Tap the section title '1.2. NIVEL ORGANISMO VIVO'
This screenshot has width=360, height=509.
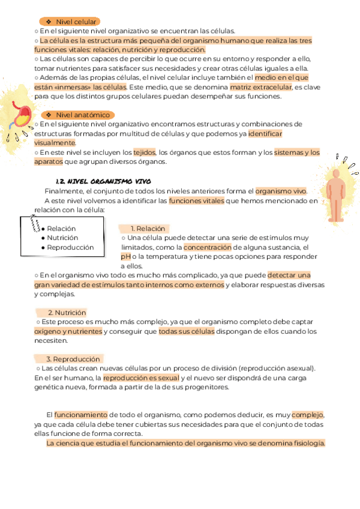(103, 181)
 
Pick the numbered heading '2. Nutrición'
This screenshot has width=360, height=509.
(67, 313)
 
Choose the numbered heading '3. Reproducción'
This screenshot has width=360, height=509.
(73, 359)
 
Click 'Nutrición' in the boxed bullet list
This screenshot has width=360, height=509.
(62, 238)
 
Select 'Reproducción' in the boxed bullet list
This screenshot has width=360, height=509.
(70, 247)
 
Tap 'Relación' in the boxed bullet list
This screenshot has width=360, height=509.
(61, 229)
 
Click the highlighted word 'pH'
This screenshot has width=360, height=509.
(126, 256)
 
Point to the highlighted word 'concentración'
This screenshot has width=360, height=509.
(208, 247)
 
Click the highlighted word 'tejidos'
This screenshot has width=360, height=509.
(144, 152)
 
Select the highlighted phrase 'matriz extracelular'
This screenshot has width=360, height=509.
(261, 87)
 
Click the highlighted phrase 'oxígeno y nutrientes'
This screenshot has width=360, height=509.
(68, 331)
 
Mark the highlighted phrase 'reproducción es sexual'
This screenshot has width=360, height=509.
(141, 378)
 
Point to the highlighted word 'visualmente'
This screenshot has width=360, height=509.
(55, 143)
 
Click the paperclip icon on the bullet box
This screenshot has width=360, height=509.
(35, 223)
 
